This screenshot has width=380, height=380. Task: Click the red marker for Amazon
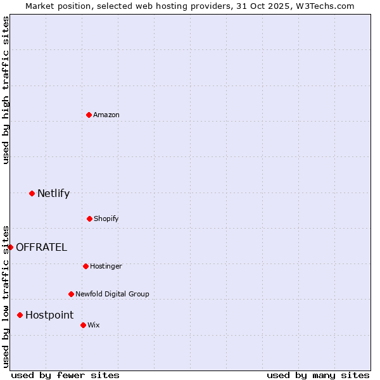89,115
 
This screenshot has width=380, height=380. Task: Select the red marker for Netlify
32,193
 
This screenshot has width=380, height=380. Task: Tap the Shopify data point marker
89,218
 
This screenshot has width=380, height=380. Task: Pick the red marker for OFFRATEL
10,247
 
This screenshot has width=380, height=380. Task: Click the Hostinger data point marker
85,266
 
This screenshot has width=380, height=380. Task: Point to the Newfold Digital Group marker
71,294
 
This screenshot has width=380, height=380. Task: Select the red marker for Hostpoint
20,315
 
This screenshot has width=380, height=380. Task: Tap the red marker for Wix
83,325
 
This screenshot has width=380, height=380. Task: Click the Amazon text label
106,115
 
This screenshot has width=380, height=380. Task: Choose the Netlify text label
53,193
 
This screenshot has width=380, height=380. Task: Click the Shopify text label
106,218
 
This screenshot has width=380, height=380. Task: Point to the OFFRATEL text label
41,247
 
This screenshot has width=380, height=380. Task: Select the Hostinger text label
106,266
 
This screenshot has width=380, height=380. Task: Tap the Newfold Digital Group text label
112,294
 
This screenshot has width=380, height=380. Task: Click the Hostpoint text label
49,315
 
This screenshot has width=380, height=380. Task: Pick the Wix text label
94,325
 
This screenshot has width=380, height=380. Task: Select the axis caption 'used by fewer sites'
65,375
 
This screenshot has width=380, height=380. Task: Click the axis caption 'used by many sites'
318,375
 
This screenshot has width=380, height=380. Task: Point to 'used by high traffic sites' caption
6,90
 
